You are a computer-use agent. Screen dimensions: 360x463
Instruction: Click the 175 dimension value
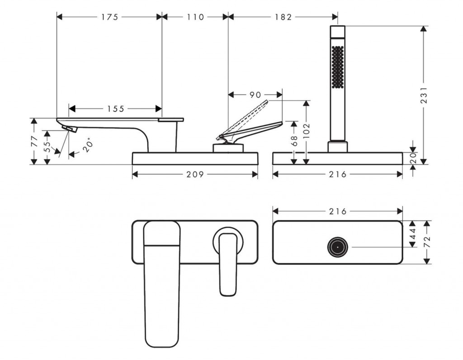[109, 17]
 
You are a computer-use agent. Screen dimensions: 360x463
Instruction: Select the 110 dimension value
[194, 17]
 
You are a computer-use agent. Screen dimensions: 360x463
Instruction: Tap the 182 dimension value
[283, 17]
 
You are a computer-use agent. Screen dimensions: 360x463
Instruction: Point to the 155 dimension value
[116, 108]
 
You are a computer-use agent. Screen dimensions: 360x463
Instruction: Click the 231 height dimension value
[424, 95]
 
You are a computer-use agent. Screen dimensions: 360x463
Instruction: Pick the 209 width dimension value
[195, 174]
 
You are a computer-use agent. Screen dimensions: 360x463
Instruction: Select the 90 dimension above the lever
[255, 95]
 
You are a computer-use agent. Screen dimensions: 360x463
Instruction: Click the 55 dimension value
[47, 147]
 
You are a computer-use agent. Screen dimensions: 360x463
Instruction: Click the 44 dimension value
[412, 234]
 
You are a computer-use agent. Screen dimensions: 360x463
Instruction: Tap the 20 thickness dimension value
[412, 158]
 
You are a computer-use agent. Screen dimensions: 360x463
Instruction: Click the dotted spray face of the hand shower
[337, 67]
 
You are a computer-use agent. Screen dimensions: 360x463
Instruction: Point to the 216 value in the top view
[337, 211]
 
